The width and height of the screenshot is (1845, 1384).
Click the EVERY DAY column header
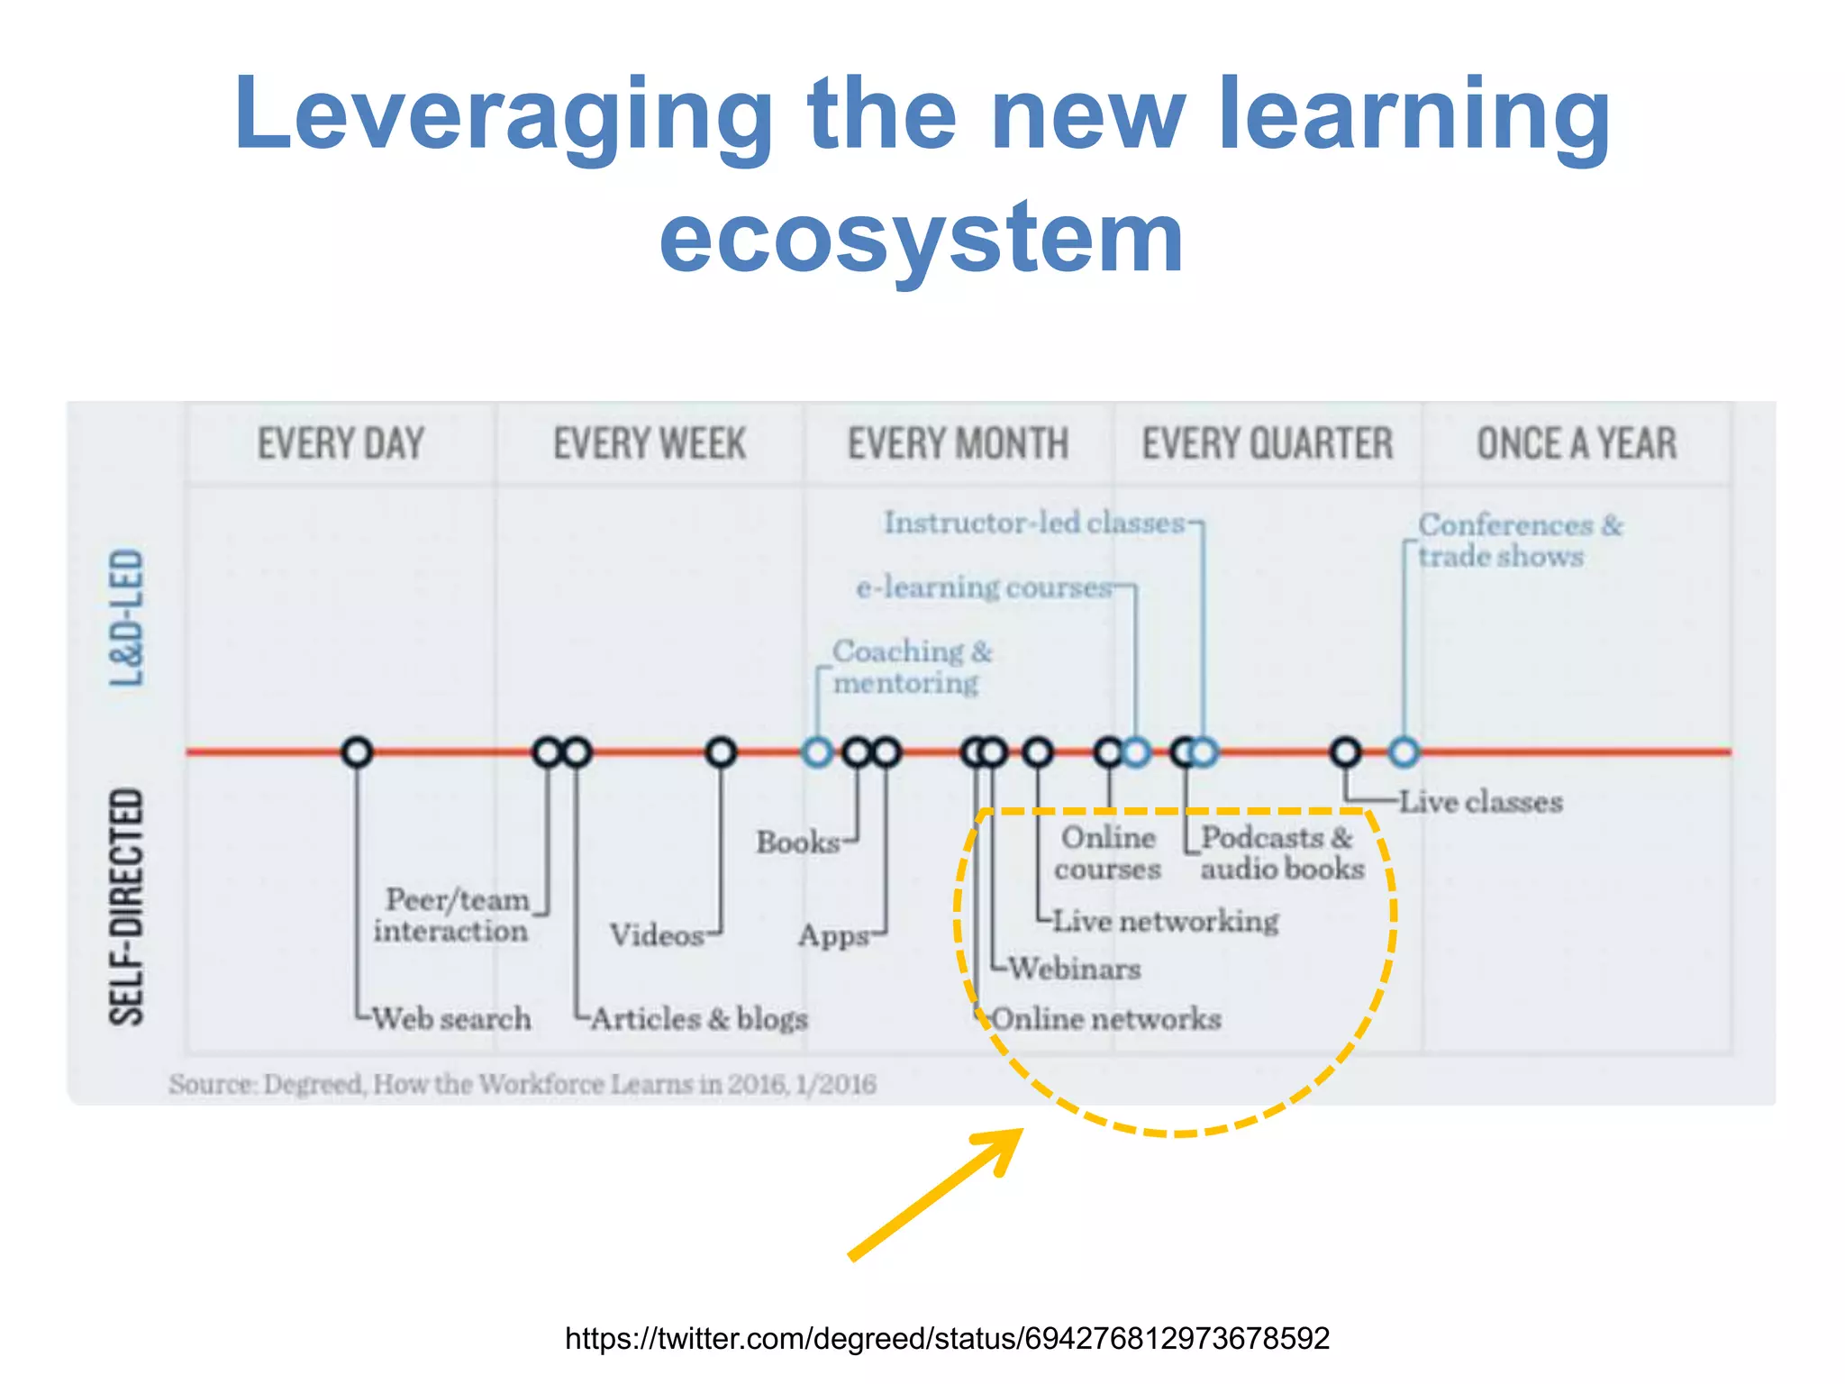point(341,443)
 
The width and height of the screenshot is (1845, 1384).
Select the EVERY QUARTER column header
point(1268,443)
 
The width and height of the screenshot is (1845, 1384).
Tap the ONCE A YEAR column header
point(1577,443)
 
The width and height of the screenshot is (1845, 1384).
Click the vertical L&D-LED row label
point(127,618)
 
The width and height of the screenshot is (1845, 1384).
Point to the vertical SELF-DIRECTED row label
point(127,906)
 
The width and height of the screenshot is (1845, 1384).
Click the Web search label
point(451,1019)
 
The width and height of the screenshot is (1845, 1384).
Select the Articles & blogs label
point(699,1019)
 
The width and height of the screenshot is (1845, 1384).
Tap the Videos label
point(657,935)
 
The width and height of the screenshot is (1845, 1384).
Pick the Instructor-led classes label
point(1034,523)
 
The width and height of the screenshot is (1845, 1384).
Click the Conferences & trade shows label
point(1519,541)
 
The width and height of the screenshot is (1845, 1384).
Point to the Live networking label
point(1166,921)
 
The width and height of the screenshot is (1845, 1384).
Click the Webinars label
point(1075,970)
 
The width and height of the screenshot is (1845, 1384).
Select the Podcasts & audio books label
point(1281,853)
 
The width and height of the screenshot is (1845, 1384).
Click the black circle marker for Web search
point(358,751)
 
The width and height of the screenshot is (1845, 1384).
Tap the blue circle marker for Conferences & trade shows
point(1404,751)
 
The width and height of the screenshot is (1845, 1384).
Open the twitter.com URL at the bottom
point(947,1338)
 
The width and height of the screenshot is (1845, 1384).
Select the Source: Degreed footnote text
point(523,1084)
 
